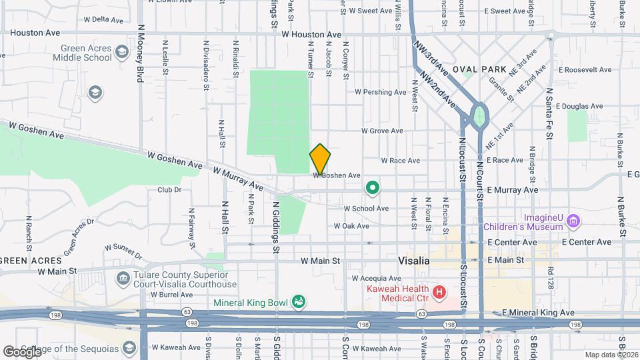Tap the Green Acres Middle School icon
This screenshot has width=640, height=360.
(122, 51)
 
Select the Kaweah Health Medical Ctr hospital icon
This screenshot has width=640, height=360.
(439, 292)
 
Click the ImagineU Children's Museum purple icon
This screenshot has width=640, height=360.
(573, 221)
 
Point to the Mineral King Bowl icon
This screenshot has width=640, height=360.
(299, 303)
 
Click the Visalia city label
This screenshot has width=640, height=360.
(413, 261)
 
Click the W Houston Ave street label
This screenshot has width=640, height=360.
(311, 34)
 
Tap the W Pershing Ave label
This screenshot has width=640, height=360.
(380, 92)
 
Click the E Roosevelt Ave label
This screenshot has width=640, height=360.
(585, 69)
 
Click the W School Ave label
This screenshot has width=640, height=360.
(366, 209)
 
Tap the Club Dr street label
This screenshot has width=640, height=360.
(169, 190)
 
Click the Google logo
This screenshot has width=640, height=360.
(22, 351)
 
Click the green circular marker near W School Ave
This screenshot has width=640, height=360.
(373, 190)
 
